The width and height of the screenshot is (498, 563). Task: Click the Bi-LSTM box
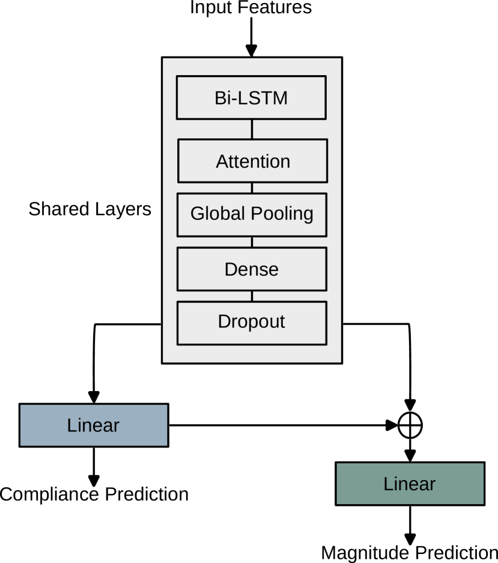251,97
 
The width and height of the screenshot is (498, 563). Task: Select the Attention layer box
252,161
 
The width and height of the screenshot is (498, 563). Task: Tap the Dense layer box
252,269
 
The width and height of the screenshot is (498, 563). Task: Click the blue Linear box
94,425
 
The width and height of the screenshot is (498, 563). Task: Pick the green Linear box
410,484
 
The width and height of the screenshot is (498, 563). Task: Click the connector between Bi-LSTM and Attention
252,129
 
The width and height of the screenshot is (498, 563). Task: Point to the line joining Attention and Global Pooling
252,187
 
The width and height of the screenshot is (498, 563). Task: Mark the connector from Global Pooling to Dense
252,242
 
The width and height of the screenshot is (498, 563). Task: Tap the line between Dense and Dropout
252,296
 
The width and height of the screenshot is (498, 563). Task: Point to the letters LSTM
265,98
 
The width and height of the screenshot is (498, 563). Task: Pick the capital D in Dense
231,269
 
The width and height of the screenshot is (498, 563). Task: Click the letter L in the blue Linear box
71,425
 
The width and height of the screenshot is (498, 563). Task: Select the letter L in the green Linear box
387,484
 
